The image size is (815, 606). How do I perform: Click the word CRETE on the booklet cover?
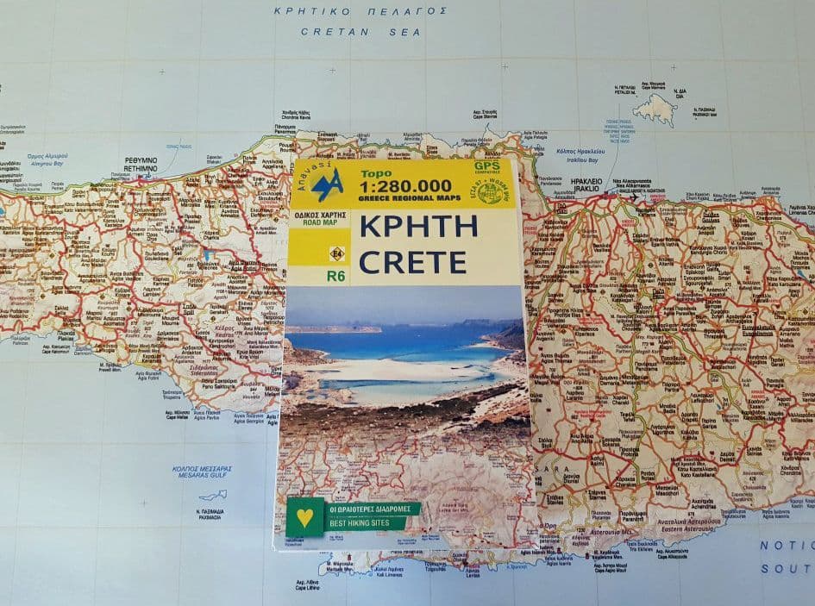tap(412, 261)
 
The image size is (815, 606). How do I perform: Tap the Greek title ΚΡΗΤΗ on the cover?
tap(417, 227)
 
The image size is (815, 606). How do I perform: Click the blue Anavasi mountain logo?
tap(327, 185)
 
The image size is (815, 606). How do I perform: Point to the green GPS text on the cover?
tap(487, 166)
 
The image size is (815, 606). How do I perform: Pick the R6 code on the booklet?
tap(336, 277)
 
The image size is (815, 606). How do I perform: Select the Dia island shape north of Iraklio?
tap(655, 109)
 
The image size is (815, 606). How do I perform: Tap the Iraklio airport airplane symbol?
tap(635, 197)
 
